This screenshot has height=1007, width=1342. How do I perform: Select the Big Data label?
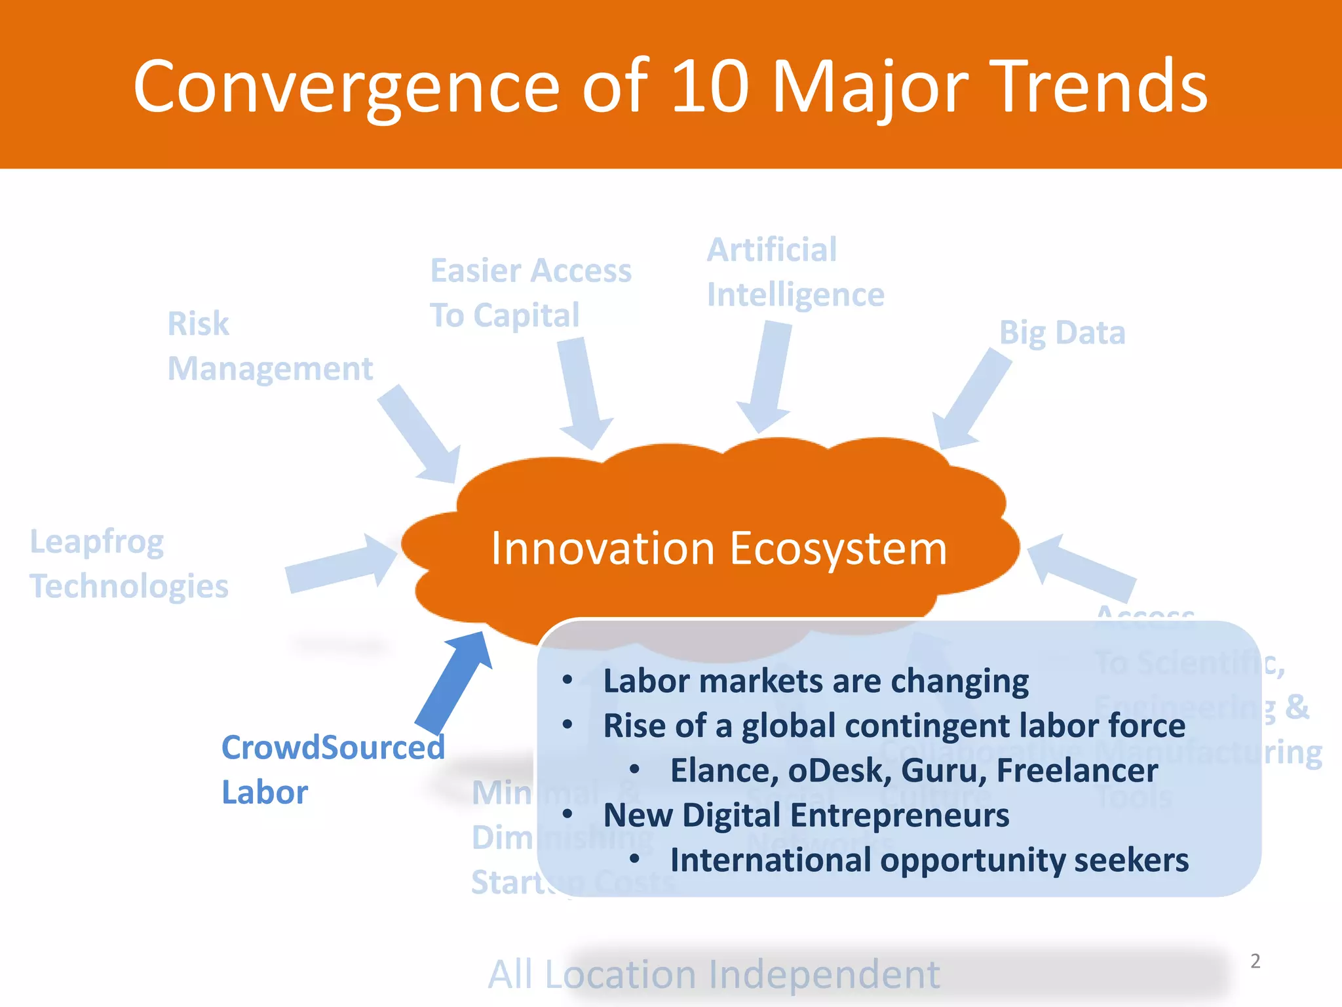coord(1062,332)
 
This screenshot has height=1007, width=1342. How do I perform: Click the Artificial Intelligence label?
coord(795,272)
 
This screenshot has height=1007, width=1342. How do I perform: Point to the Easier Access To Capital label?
coord(530,293)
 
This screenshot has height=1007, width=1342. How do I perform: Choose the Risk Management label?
coord(269,346)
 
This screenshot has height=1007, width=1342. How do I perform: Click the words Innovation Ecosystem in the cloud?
coord(719,549)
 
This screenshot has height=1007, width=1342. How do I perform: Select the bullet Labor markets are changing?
coord(816,681)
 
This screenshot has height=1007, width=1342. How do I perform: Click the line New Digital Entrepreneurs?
coord(806,816)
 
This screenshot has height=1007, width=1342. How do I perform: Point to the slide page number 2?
coord(1255,961)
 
